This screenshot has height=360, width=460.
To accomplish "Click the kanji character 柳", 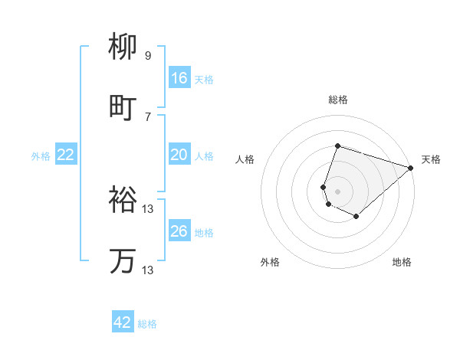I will point(123,47).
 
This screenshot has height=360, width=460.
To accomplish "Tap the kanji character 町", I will point(123,108).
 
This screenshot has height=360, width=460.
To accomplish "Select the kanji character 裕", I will point(123,200).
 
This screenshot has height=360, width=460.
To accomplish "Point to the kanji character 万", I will point(123,261).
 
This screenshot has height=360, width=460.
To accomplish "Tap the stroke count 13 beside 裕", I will point(148,208).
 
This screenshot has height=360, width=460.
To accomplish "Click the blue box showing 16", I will point(179,78).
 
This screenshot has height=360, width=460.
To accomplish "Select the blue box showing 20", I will point(179,155).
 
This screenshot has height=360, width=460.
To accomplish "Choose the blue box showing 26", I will point(179,231).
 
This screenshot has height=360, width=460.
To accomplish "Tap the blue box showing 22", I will point(66,155).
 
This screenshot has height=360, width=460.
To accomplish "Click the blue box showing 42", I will point(123,322).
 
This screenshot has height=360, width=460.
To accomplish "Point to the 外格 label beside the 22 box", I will point(41,155).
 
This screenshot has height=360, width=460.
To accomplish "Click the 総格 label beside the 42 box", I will point(147,324).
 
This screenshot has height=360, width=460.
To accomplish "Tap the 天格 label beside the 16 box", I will point(203,79).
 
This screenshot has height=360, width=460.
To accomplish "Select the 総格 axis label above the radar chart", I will point(338,100).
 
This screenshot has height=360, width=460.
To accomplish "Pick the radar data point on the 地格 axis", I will point(356,217).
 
